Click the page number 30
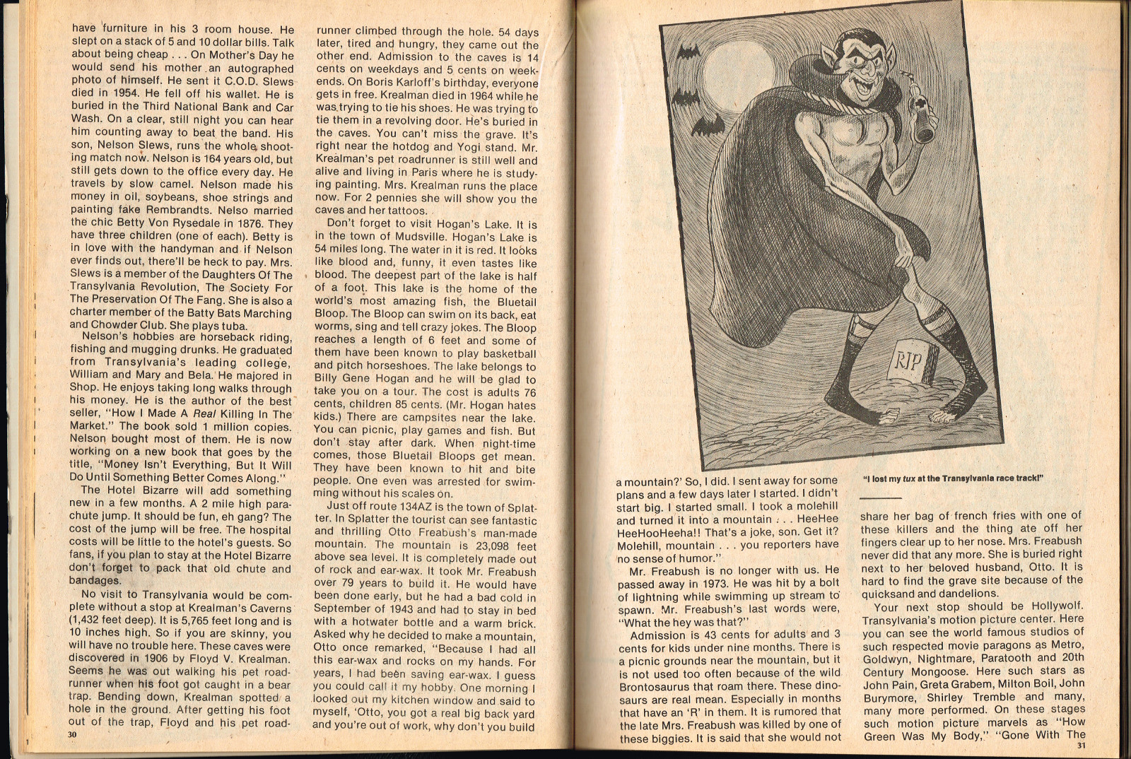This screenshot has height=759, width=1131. (72, 734)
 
